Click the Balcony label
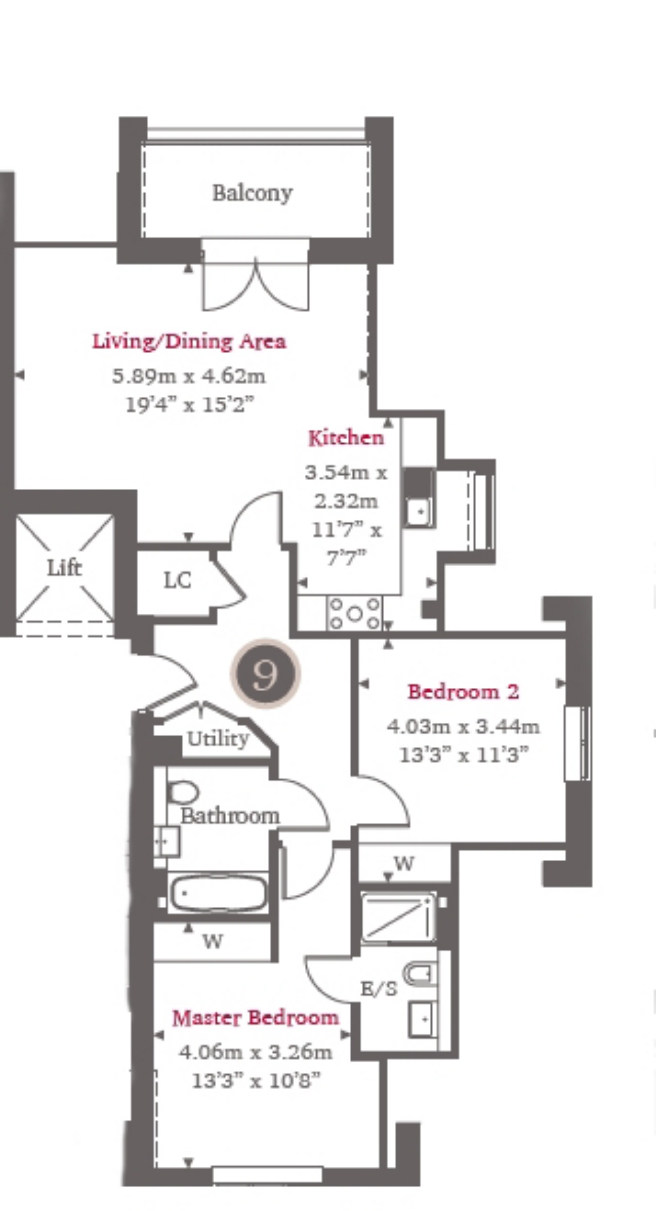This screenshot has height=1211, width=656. [x=252, y=193]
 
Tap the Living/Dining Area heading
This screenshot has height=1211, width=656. [x=189, y=342]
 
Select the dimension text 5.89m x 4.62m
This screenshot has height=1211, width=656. [x=189, y=376]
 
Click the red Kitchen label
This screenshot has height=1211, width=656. [x=346, y=438]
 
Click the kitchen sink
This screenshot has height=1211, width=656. [x=420, y=512]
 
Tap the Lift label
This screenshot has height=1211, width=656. [x=64, y=568]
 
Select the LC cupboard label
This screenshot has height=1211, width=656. [x=177, y=580]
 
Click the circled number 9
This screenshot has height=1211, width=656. [x=266, y=674]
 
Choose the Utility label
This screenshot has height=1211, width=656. [x=218, y=739]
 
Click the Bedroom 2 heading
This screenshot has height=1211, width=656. [x=463, y=692]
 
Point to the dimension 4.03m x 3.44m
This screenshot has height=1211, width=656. [x=463, y=727]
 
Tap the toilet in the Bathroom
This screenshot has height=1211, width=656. [x=183, y=793]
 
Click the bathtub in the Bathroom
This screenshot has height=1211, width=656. [x=218, y=892]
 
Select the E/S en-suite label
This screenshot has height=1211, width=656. [x=379, y=988]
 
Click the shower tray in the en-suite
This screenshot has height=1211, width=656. [x=398, y=918]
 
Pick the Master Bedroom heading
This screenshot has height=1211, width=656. [x=255, y=1018]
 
